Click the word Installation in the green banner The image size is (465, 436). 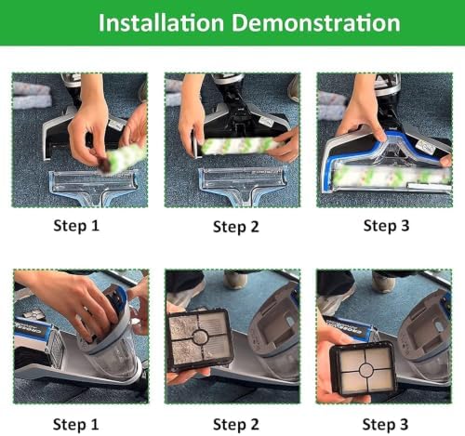161,22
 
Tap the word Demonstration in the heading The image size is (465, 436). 316,22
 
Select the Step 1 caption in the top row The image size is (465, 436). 76,226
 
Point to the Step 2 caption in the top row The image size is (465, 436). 236,227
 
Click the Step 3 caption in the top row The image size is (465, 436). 386,226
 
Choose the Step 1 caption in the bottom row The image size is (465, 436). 76,425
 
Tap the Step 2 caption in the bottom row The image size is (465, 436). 236,425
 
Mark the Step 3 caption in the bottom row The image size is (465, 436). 385,425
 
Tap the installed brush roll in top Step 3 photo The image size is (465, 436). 392,176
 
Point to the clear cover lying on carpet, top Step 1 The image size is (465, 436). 93,187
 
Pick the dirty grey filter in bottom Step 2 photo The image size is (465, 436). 200,339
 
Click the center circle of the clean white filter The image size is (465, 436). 365,369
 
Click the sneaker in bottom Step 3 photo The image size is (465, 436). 384,282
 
